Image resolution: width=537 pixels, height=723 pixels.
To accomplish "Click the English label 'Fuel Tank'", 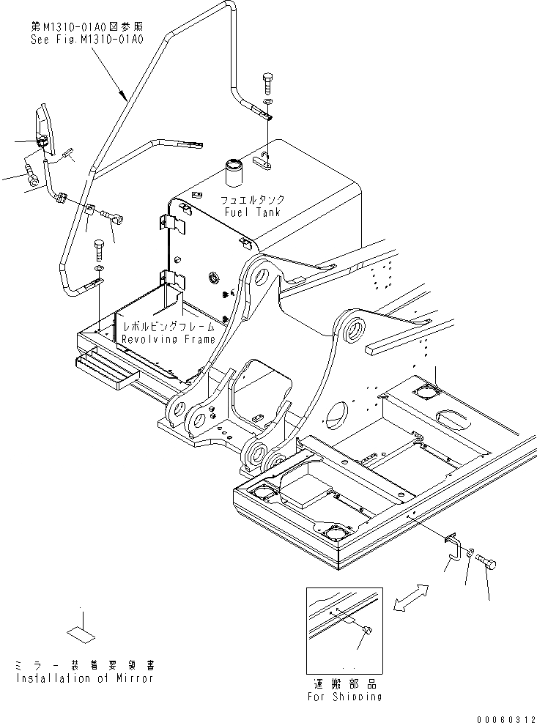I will pos(253,212).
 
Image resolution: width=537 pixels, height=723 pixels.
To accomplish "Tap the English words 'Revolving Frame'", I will pos(168,339).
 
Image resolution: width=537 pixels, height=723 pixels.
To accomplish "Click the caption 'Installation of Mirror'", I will pos(84,678).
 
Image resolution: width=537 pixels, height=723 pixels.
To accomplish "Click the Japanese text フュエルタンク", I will pos(253,199).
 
